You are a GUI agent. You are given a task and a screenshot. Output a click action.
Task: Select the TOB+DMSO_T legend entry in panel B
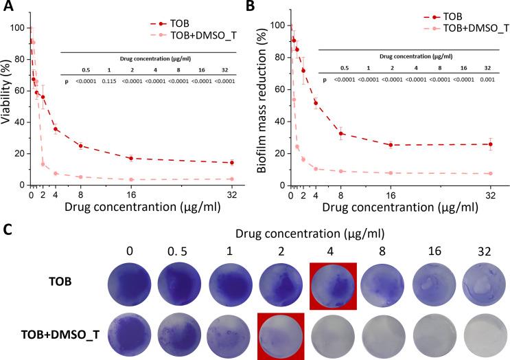tap(467, 27)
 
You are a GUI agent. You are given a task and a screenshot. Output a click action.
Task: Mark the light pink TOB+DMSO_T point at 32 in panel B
tap(491, 174)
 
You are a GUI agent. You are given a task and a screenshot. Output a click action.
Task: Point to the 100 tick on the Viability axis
tap(20, 28)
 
